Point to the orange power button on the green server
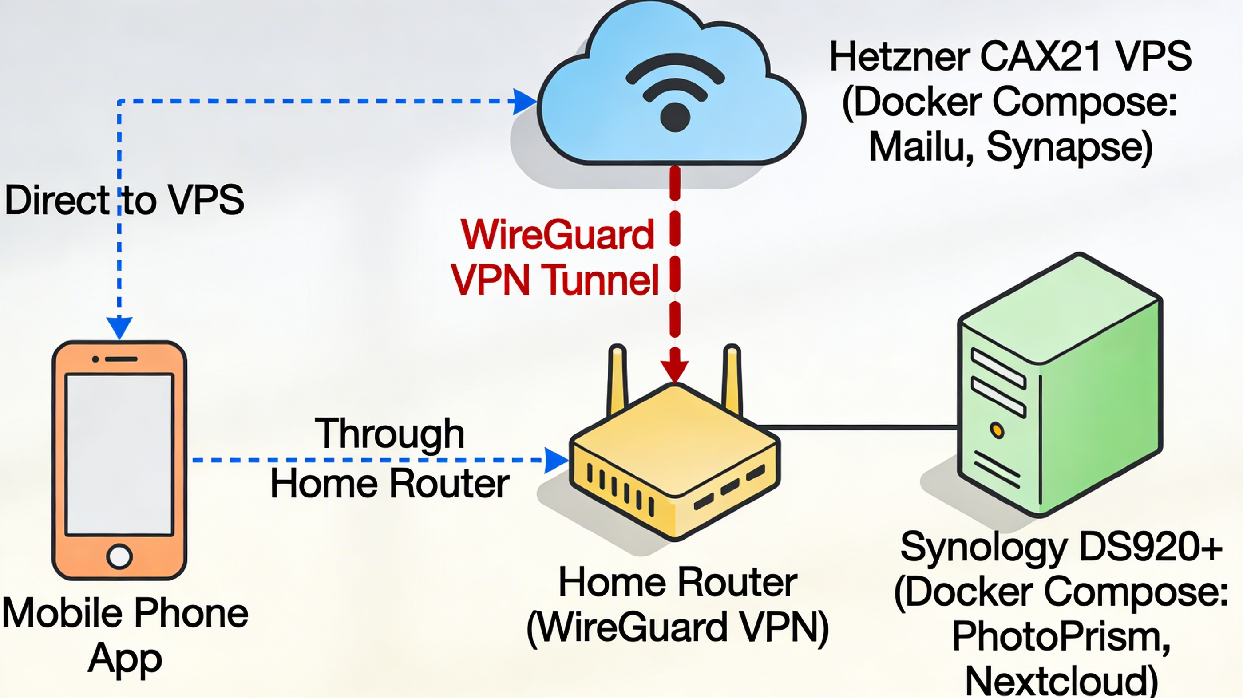[997, 430]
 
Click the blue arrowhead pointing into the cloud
[523, 101]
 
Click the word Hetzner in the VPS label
[899, 57]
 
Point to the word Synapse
[1069, 148]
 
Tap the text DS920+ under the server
[1151, 548]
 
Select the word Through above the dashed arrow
[389, 434]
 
